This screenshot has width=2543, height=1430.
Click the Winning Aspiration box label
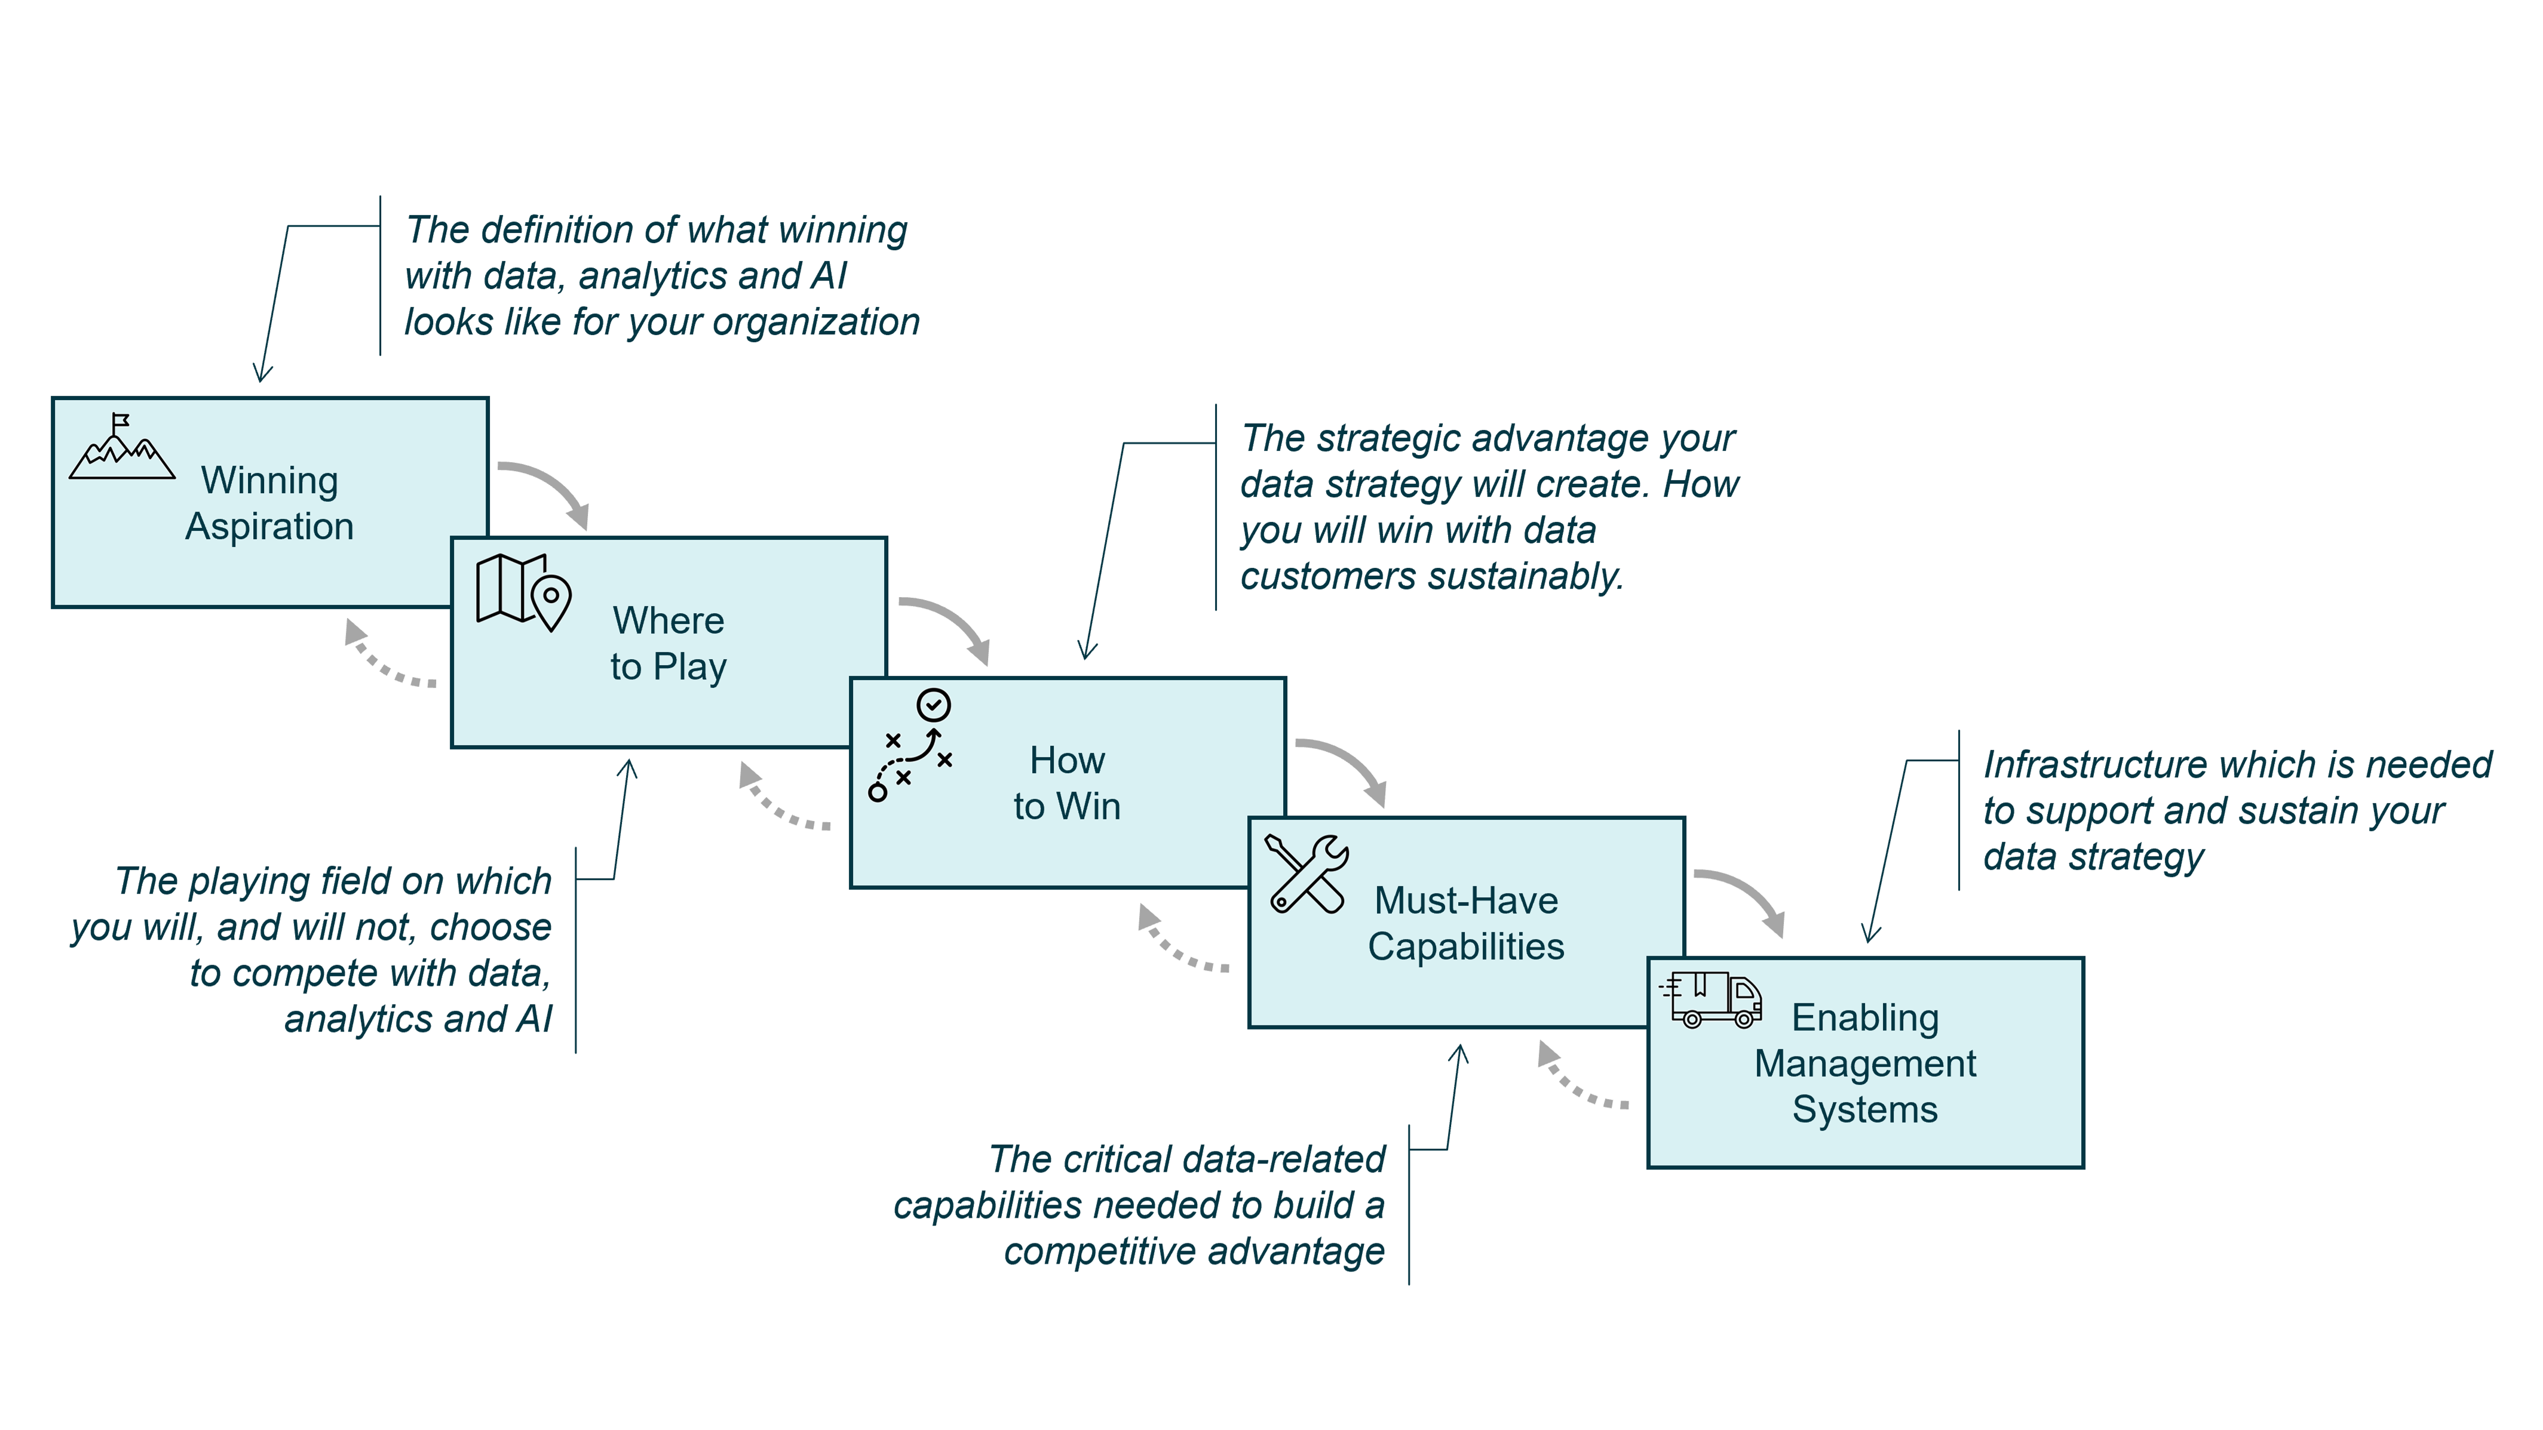point(269,503)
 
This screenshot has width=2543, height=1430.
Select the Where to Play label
point(668,644)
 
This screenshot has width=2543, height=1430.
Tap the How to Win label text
point(1067,783)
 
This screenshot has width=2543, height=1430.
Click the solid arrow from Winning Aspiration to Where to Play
point(548,490)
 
